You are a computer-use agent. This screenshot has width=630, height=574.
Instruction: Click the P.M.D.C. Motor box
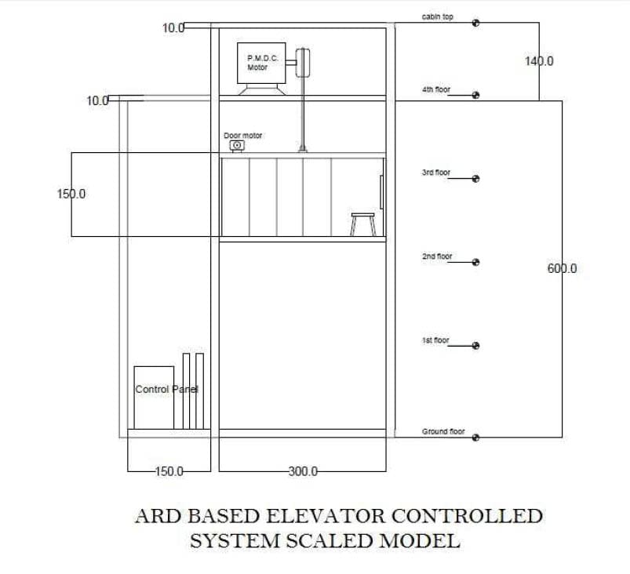point(261,63)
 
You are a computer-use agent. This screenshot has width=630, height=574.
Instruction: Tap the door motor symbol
point(237,145)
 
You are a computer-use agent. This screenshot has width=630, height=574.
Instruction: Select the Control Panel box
point(154,398)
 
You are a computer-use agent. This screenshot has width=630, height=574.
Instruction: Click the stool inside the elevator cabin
point(363,224)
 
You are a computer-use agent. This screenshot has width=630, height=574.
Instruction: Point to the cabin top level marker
point(475,23)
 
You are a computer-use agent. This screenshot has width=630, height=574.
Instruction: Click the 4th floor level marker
point(475,95)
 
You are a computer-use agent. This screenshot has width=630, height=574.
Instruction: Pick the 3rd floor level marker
point(475,179)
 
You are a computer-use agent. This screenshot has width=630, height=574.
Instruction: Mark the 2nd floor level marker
point(475,262)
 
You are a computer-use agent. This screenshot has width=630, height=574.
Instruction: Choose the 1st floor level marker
point(475,346)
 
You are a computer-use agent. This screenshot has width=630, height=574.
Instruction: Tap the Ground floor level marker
point(475,438)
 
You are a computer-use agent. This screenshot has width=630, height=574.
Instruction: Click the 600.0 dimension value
point(562,268)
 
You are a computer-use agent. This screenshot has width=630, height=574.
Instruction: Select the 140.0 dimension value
point(539,61)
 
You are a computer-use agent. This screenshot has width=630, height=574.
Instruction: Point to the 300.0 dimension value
point(303,471)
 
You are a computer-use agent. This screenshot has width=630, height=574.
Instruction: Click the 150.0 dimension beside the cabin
point(71,194)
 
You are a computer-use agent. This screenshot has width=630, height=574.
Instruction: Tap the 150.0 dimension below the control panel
point(169,471)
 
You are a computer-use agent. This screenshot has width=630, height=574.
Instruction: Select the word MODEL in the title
point(420,540)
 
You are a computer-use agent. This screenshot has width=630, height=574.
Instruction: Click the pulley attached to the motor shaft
point(303,63)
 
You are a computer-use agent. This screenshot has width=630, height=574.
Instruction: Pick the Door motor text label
point(242,136)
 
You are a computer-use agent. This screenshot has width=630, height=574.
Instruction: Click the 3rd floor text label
point(436,173)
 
